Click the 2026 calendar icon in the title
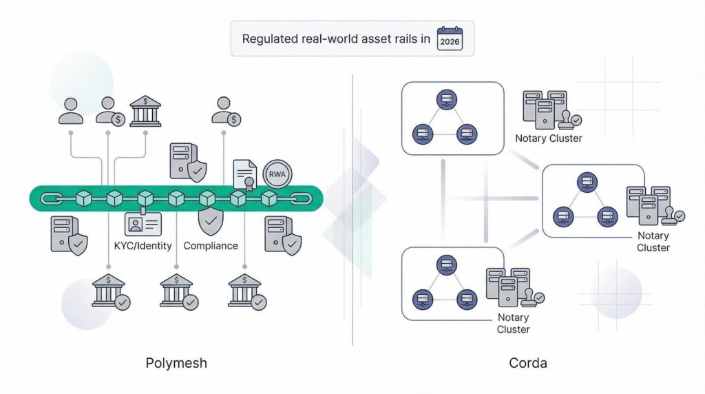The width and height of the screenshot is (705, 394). [450, 39]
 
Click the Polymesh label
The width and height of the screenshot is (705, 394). [177, 363]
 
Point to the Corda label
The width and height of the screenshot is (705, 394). [528, 363]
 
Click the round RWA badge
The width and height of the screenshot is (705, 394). [277, 174]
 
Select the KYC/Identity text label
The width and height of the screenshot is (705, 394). [143, 246]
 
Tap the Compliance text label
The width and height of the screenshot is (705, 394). [211, 246]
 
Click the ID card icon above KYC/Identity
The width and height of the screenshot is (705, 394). [143, 224]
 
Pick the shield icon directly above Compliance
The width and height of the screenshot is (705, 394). [210, 222]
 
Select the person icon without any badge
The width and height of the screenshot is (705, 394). [71, 110]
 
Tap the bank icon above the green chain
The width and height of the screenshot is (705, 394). [145, 111]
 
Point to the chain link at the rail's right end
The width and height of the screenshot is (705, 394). [302, 198]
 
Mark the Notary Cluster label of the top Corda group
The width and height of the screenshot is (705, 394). [549, 138]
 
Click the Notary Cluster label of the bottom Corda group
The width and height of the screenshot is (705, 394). [513, 323]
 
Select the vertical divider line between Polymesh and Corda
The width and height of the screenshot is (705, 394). [352, 207]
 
